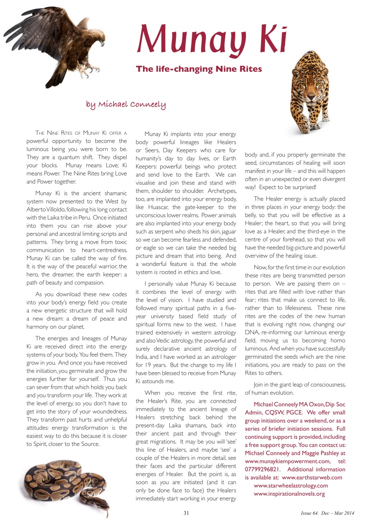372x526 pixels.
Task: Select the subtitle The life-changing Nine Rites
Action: [199, 69]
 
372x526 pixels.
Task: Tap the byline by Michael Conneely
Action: [126, 104]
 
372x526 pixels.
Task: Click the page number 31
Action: [186, 513]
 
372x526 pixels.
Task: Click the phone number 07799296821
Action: [263, 470]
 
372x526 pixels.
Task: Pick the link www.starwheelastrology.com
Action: [291, 486]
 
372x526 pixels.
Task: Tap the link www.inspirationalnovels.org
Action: [289, 494]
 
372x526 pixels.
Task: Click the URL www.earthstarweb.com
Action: [312, 478]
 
